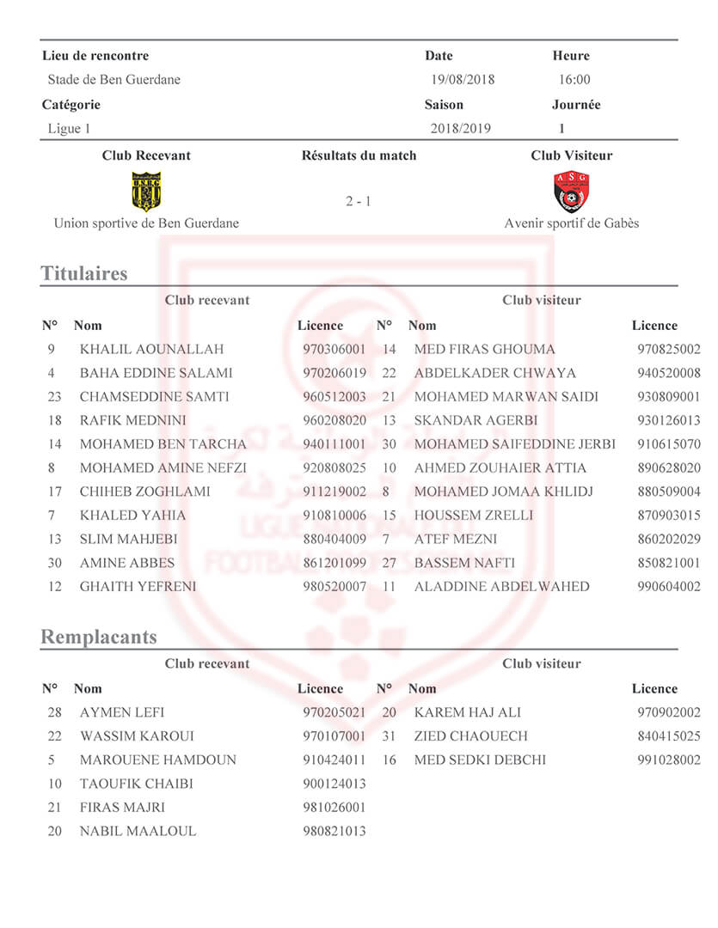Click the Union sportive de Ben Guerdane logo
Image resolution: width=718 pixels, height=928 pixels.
(145, 191)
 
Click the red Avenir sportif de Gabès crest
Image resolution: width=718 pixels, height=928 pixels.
(572, 192)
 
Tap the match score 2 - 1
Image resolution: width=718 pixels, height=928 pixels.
(359, 202)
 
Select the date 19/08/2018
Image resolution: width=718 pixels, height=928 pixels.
(463, 80)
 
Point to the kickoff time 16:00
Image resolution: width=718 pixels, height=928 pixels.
(574, 80)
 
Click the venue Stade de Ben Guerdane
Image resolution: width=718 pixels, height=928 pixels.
(114, 80)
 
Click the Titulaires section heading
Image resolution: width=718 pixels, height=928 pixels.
(84, 274)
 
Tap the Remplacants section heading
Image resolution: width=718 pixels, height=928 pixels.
(99, 638)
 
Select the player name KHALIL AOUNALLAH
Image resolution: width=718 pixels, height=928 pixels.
(151, 350)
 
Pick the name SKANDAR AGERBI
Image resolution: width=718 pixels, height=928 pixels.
(476, 421)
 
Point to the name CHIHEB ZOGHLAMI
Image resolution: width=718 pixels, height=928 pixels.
(145, 492)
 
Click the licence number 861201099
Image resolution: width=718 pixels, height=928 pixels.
(334, 564)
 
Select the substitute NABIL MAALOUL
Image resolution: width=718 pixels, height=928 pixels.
(138, 832)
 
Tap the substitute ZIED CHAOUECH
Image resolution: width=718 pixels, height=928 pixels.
(469, 736)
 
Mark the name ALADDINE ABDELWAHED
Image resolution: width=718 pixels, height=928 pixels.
(502, 587)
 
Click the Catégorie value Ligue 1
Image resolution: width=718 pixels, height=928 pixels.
(69, 129)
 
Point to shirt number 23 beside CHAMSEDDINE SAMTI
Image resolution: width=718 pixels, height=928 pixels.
(55, 397)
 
